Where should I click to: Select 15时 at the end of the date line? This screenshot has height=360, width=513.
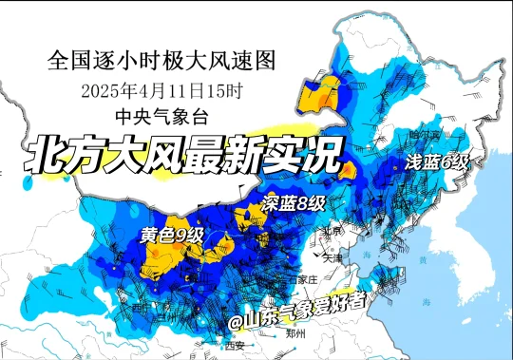(x=232, y=92)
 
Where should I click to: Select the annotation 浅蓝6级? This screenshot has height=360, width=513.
(x=437, y=161)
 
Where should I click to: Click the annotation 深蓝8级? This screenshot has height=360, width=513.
(x=294, y=203)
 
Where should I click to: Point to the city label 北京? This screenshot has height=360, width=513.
(x=332, y=231)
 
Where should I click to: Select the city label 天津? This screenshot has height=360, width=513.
(x=332, y=257)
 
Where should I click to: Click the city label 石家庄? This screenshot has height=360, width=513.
(x=305, y=280)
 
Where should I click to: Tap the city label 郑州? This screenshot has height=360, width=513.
(x=294, y=335)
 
